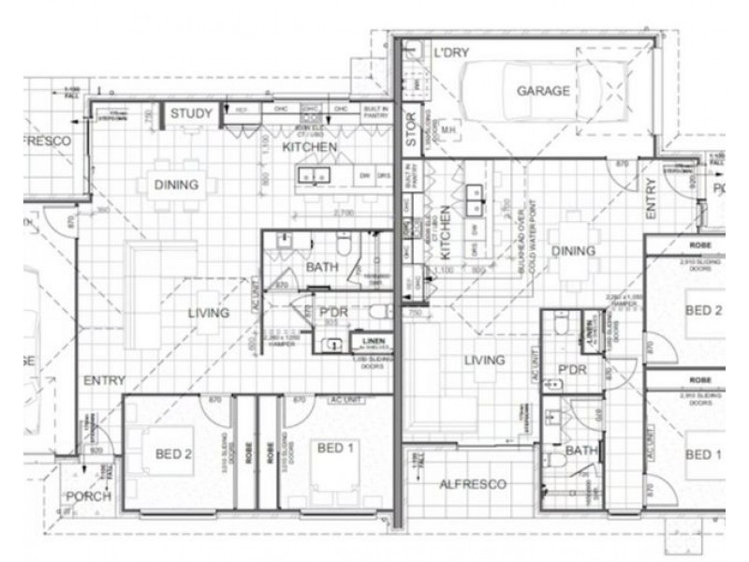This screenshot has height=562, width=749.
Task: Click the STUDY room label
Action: (190, 114)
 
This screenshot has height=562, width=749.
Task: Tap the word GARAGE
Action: (543, 91)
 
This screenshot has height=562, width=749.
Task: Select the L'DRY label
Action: (452, 54)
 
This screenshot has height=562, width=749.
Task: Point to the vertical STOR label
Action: (410, 132)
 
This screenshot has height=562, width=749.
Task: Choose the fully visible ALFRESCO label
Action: (473, 484)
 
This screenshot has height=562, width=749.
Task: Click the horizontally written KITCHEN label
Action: (310, 148)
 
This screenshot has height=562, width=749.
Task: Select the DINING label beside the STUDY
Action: (176, 185)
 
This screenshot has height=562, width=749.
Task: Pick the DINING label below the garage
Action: (573, 251)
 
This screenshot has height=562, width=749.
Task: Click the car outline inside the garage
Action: (543, 92)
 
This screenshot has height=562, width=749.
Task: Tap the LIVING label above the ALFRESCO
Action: (484, 360)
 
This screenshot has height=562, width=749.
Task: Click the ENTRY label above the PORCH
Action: (103, 381)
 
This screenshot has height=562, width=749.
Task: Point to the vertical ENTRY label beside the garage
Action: (650, 198)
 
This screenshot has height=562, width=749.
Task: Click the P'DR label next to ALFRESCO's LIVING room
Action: (571, 370)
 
